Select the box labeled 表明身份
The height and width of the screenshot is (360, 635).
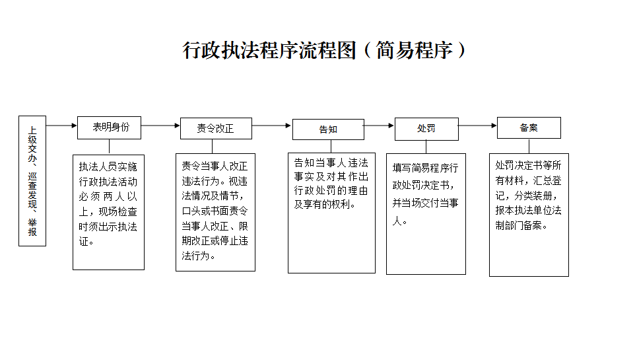(110, 127)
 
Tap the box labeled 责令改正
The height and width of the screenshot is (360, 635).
(216, 129)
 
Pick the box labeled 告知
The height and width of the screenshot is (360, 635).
(328, 129)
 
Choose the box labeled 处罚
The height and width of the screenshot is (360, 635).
(426, 129)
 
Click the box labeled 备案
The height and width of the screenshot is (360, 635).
(529, 127)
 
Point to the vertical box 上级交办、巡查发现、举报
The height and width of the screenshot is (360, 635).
(32, 181)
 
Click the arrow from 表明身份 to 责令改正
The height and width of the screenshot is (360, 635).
(161, 126)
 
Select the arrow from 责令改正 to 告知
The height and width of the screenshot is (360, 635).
(271, 126)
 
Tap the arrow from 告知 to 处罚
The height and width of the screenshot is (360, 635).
(379, 126)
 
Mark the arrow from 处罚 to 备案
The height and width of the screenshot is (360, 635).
(477, 126)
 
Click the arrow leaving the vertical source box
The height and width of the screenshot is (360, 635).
(61, 126)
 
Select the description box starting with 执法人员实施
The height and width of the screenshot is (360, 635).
(108, 212)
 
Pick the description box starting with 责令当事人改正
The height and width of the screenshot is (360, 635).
(215, 212)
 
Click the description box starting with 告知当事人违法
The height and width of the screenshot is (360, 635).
(331, 213)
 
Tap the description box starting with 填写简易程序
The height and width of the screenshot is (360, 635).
(426, 213)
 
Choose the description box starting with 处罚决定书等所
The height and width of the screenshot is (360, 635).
(529, 215)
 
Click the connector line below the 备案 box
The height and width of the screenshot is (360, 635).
(529, 146)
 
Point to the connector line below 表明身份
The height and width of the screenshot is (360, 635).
(110, 147)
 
